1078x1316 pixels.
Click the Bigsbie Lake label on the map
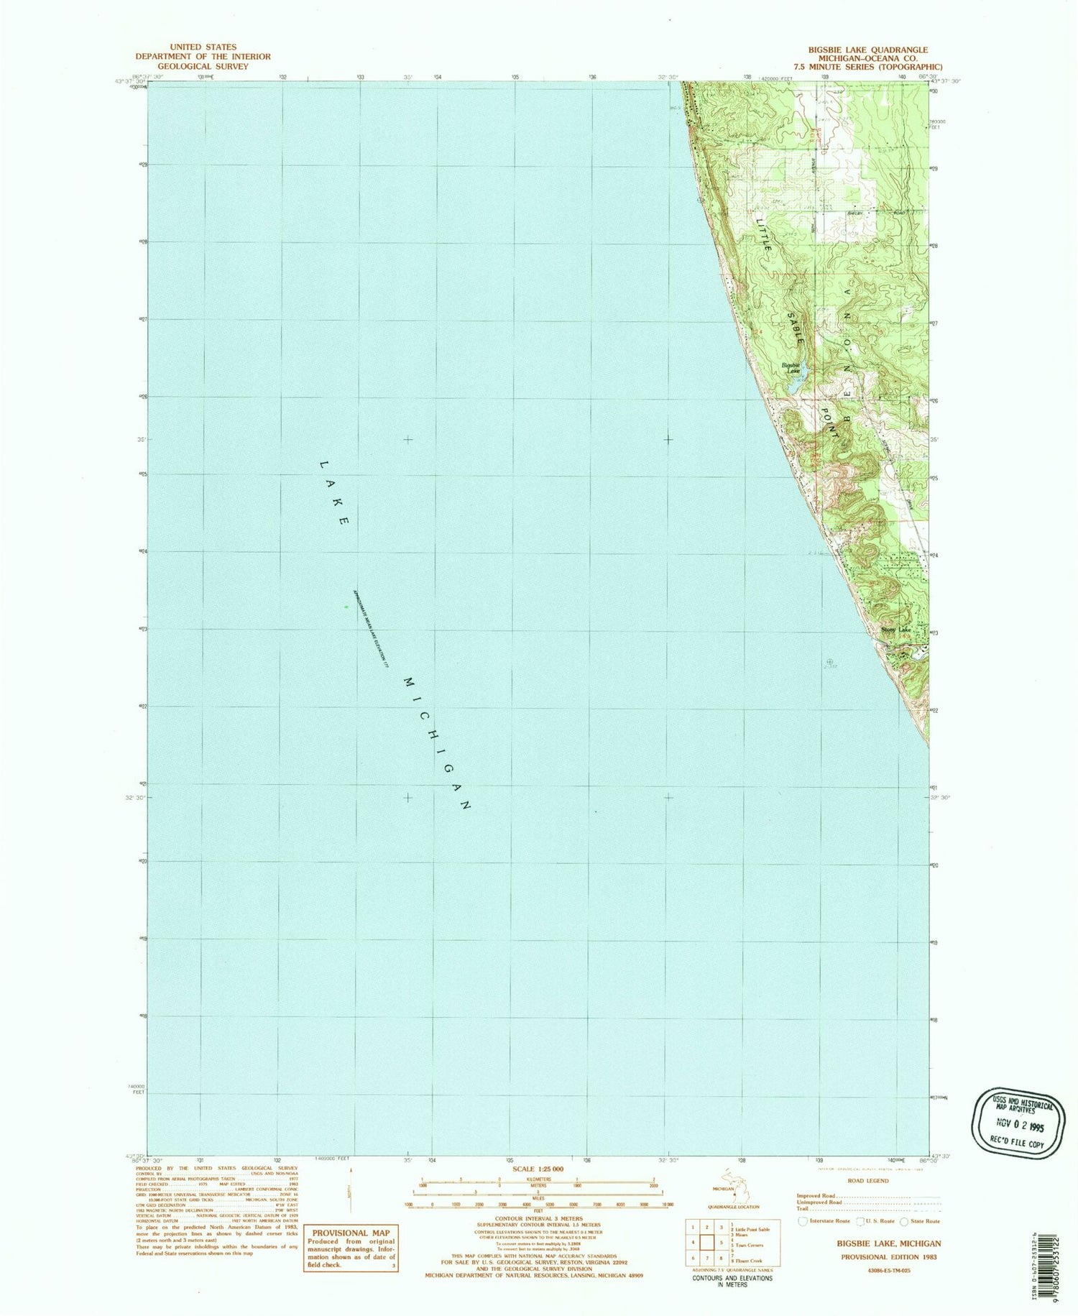[791, 367]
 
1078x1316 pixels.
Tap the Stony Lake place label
[895, 630]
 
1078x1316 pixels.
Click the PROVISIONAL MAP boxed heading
[351, 1233]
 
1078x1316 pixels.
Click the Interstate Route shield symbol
[803, 1220]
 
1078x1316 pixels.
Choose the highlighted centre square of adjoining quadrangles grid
[707, 1242]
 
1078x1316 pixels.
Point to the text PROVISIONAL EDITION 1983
[881, 1257]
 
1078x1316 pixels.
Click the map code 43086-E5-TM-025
[881, 1271]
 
